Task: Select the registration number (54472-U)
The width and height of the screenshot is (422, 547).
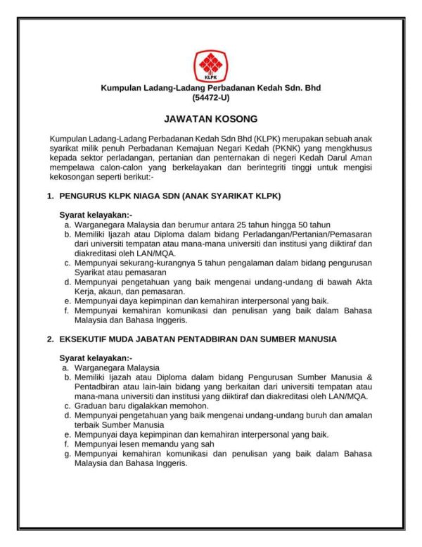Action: (x=210, y=98)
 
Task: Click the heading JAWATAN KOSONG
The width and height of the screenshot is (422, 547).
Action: (x=210, y=119)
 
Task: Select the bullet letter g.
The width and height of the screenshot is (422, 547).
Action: (x=65, y=455)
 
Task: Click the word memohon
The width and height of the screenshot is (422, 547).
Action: (x=191, y=406)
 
